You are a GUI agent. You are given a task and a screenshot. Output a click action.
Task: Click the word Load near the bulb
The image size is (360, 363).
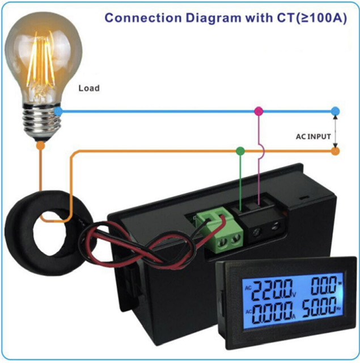point(89,88)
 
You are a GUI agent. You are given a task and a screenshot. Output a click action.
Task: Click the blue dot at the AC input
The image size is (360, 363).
point(336,111)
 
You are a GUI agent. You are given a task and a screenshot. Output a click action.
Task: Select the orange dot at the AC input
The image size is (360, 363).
point(336,151)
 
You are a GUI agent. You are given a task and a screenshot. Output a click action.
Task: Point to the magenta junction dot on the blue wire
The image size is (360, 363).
point(259,111)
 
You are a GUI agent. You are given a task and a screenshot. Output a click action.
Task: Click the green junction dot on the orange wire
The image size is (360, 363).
point(240,151)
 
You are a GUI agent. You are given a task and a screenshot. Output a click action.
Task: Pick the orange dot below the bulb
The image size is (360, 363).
point(40,145)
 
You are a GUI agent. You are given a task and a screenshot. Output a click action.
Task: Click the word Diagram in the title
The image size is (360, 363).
point(210,17)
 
